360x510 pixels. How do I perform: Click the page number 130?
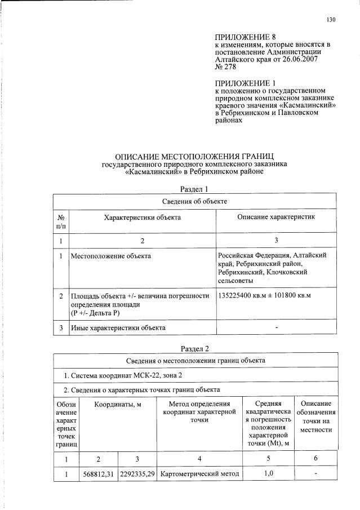coord(331,20)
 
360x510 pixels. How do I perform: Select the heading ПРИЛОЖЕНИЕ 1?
coord(242,83)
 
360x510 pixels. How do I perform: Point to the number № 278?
coord(225,66)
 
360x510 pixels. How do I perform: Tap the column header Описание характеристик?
coord(275,217)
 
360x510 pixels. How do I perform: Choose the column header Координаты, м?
coord(117,404)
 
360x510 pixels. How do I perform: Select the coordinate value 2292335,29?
coord(137,474)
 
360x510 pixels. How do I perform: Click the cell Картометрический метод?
coord(199,474)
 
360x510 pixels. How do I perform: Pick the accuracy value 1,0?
coord(269,474)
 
